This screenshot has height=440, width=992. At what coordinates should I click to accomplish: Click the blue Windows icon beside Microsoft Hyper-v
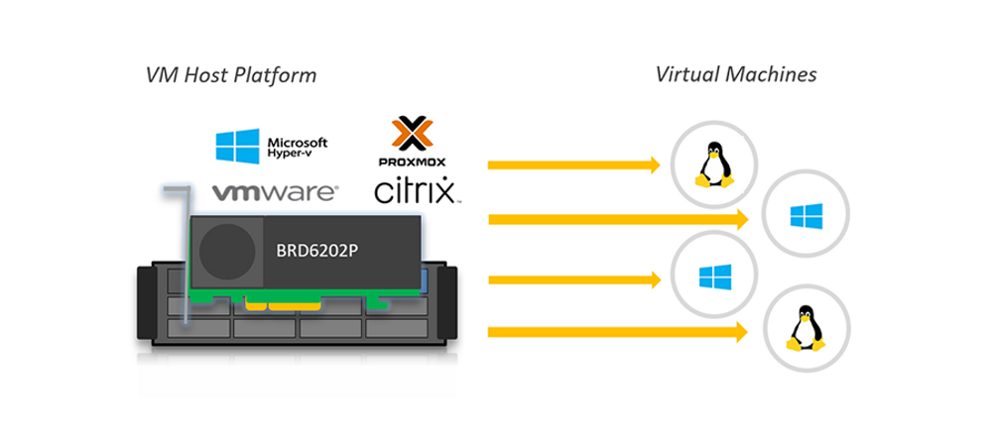237,146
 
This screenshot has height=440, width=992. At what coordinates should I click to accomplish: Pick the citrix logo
415,190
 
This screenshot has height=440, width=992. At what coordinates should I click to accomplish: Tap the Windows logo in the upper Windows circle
806,216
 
